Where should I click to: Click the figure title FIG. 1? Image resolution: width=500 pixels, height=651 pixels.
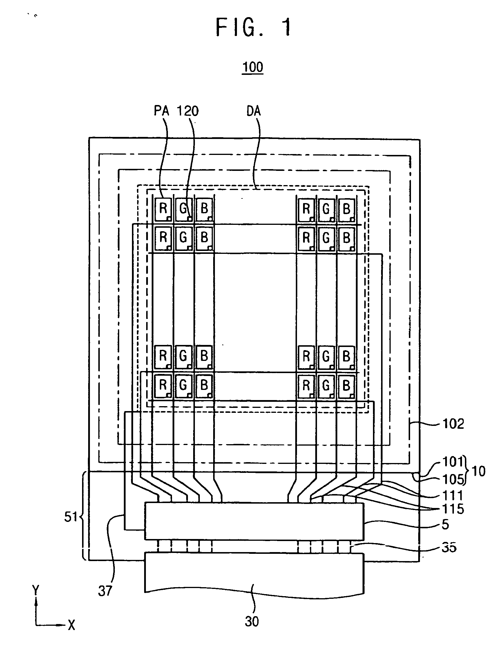coord(253,27)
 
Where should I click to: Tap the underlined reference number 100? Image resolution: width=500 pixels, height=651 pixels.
coord(253,67)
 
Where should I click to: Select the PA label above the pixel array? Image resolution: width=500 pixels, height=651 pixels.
coord(161,111)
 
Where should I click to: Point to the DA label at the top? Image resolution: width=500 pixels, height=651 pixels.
coord(253,111)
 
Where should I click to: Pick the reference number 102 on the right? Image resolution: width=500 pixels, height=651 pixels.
coord(453,424)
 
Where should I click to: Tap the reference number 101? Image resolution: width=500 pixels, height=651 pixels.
coord(453,462)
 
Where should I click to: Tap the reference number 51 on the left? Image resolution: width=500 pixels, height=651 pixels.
coord(71,517)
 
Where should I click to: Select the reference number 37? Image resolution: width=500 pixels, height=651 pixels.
coord(105,591)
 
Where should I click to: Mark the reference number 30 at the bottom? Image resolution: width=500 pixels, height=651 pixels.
coord(252,621)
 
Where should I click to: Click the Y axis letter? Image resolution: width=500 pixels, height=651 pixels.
coord(36,590)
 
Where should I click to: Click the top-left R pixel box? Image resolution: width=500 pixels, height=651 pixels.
coord(163,209)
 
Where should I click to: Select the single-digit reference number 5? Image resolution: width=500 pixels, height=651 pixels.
coord(445,525)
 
